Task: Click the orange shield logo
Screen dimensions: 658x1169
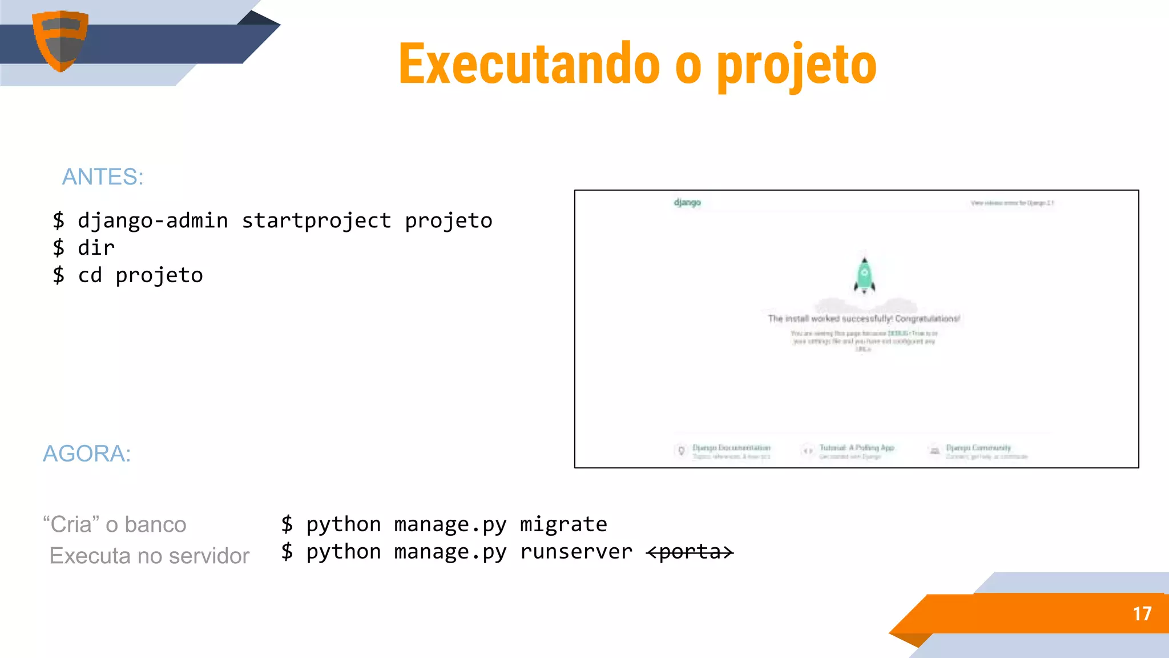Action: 60,40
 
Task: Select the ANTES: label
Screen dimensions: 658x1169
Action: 103,177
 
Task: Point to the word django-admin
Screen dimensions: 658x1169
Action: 153,221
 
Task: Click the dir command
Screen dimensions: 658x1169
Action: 96,248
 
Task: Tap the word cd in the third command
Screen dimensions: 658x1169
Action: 90,275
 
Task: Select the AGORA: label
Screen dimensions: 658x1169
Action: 87,454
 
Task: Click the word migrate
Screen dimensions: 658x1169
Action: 563,524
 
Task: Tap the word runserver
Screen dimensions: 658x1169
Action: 576,552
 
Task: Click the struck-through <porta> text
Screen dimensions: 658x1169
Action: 690,552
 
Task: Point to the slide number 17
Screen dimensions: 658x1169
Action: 1142,614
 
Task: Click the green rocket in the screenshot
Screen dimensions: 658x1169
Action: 864,275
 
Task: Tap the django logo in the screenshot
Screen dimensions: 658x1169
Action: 687,202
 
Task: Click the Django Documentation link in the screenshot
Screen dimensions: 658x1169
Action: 731,448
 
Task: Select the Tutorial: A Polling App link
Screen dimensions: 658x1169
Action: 857,448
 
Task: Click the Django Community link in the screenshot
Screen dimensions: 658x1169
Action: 978,448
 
